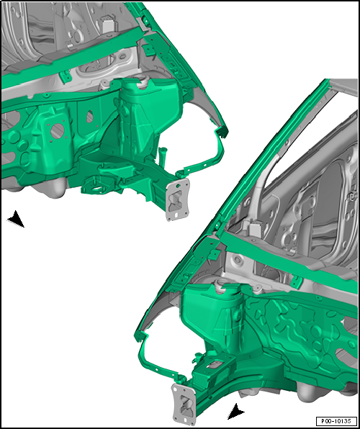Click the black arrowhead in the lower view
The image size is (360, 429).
pyautogui.click(x=235, y=412)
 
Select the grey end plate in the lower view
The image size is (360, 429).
pyautogui.click(x=184, y=404)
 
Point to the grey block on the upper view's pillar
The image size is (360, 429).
pyautogui.click(x=109, y=24)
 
